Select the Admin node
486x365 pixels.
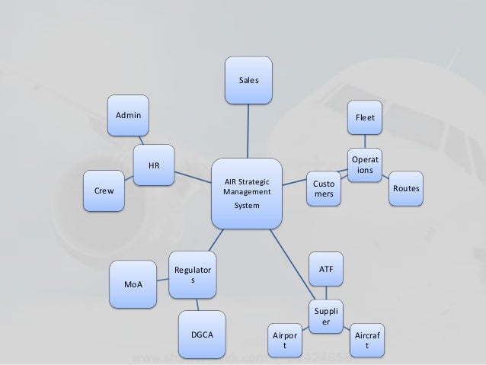tap(129, 115)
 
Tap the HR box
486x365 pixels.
tap(153, 165)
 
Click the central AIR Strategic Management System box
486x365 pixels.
tap(247, 194)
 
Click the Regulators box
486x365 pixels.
tap(192, 275)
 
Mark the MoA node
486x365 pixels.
tap(132, 284)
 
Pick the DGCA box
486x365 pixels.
tap(201, 335)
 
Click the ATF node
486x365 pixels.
tap(326, 269)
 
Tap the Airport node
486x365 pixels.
tap(285, 341)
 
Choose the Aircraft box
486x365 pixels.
tap(367, 340)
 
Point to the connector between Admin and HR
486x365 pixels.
tap(139, 140)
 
